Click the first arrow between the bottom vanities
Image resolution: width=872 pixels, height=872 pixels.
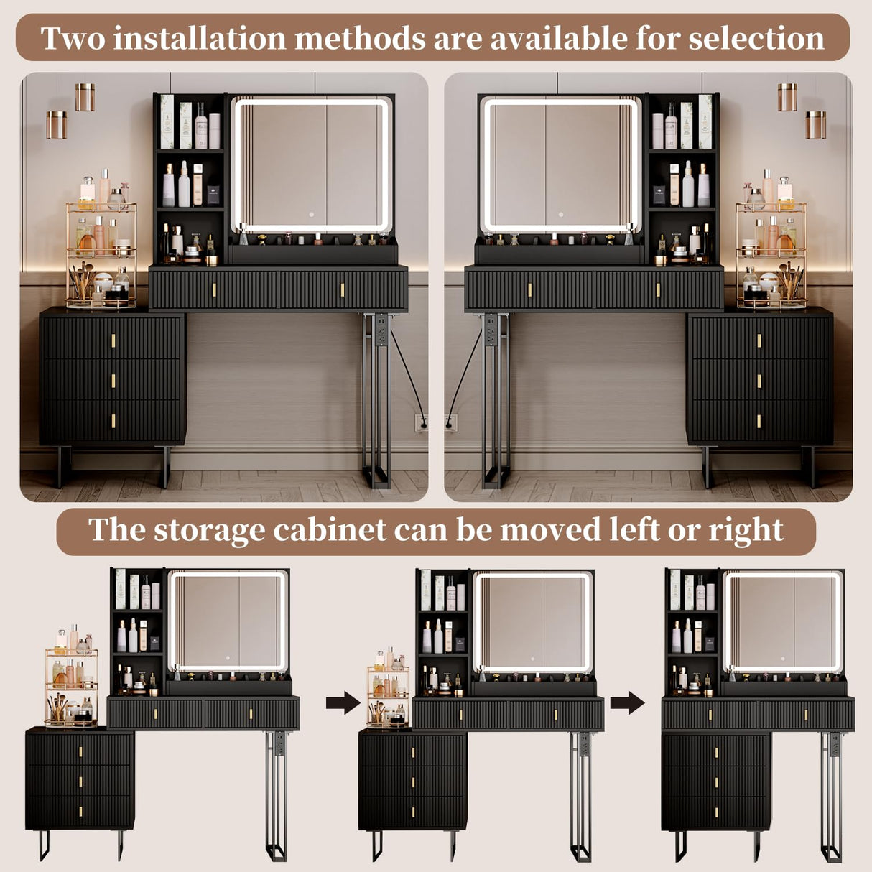point(343,702)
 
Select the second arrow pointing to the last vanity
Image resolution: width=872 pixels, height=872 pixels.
point(627,702)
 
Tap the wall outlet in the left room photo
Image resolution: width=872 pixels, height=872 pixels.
point(421,423)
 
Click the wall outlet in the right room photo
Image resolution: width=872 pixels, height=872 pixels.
point(451,423)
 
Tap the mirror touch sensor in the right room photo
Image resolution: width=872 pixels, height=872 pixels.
point(560,213)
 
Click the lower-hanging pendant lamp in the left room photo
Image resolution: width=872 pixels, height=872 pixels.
point(57,124)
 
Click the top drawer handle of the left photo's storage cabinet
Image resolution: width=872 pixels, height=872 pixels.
point(113,341)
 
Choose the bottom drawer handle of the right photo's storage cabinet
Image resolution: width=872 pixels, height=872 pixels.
point(759,422)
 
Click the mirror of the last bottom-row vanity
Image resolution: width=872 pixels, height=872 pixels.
point(781,621)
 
